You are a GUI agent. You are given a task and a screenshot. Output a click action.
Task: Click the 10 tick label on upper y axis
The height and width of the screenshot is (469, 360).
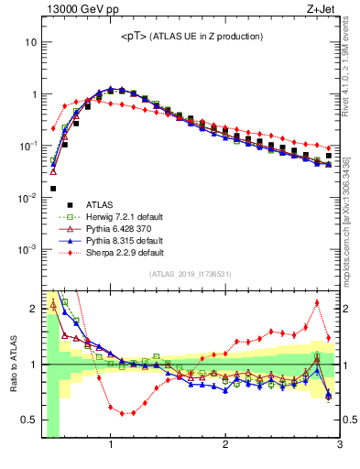pyautogui.click(x=31, y=42)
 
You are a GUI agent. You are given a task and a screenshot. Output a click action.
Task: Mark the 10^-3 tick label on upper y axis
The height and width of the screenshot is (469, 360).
pyautogui.click(x=29, y=249)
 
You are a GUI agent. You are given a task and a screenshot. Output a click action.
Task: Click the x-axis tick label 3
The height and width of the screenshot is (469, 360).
pyautogui.click(x=339, y=446)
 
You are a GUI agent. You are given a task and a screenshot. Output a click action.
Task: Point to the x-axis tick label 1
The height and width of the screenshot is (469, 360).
pyautogui.click(x=111, y=446)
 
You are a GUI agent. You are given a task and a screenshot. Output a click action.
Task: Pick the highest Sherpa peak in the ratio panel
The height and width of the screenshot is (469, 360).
pyautogui.click(x=317, y=302)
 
